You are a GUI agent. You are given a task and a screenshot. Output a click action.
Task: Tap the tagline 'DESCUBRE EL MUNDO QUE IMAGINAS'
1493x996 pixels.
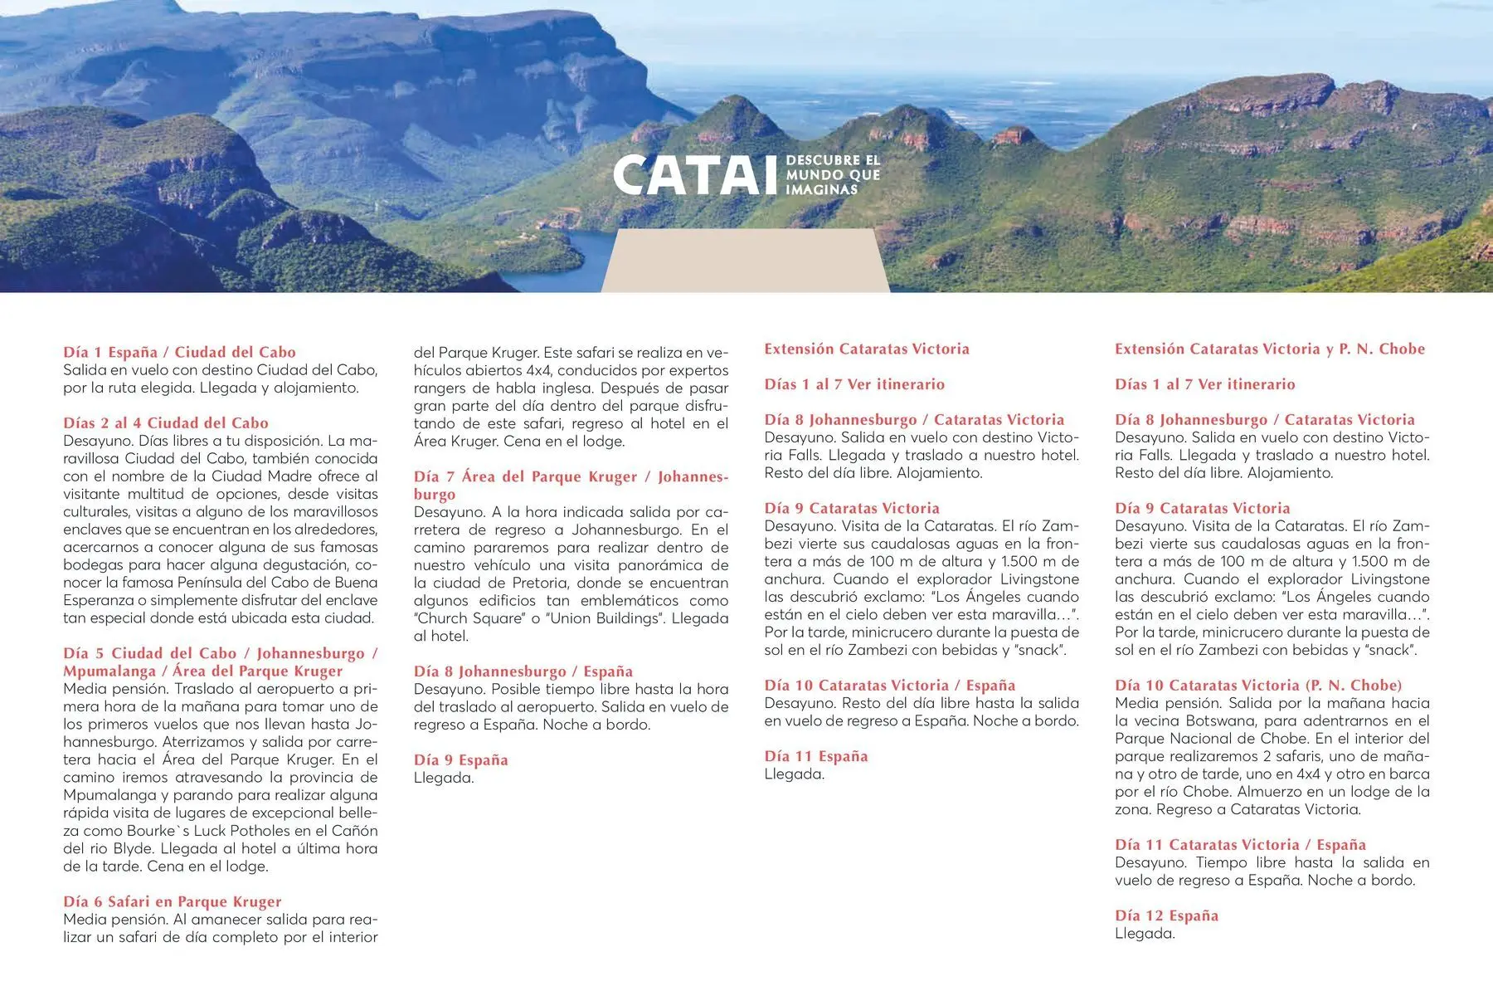[833, 175]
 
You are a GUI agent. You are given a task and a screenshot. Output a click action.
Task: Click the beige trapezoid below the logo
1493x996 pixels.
[745, 261]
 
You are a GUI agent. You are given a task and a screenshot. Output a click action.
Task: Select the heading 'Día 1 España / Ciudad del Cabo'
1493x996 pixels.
[179, 352]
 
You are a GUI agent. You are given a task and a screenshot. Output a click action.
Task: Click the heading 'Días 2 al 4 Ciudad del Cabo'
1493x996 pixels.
[166, 423]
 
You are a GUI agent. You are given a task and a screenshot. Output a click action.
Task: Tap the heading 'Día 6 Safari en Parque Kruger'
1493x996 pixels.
[173, 901]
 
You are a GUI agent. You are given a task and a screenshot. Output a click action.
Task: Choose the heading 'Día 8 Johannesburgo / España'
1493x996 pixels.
[523, 671]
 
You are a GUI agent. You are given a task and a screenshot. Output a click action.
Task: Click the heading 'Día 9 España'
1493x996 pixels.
[461, 760]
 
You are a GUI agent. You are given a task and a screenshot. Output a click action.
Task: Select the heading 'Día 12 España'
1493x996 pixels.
[1166, 915]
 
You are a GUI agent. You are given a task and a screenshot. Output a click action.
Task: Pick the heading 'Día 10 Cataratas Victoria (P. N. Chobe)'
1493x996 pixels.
[1258, 686]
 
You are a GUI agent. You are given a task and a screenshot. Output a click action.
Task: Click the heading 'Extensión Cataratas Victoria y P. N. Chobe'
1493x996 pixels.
[1270, 349]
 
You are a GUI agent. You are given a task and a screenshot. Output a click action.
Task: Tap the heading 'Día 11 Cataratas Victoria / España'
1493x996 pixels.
[1240, 845]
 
